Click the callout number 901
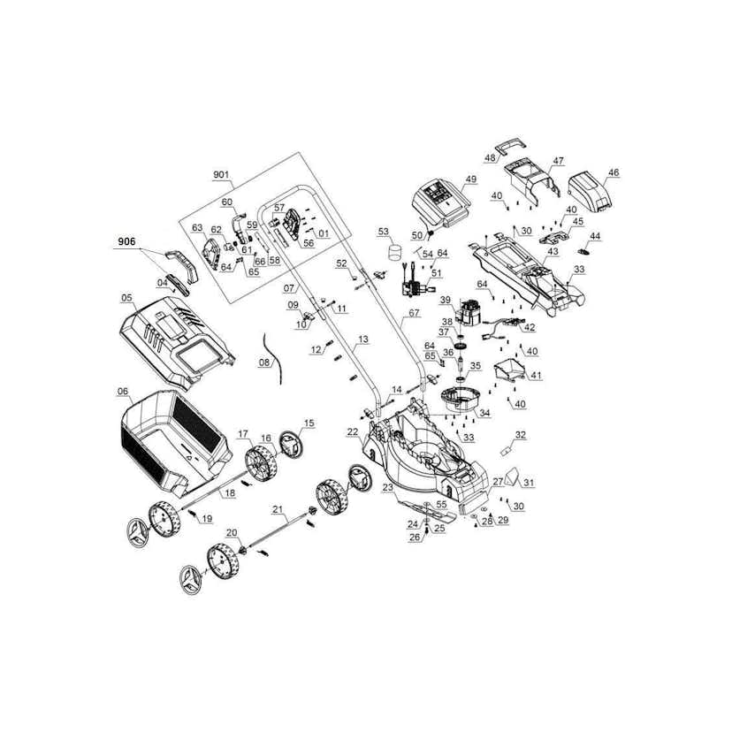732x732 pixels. click(221, 174)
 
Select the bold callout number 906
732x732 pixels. click(126, 241)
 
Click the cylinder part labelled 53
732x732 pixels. click(395, 251)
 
